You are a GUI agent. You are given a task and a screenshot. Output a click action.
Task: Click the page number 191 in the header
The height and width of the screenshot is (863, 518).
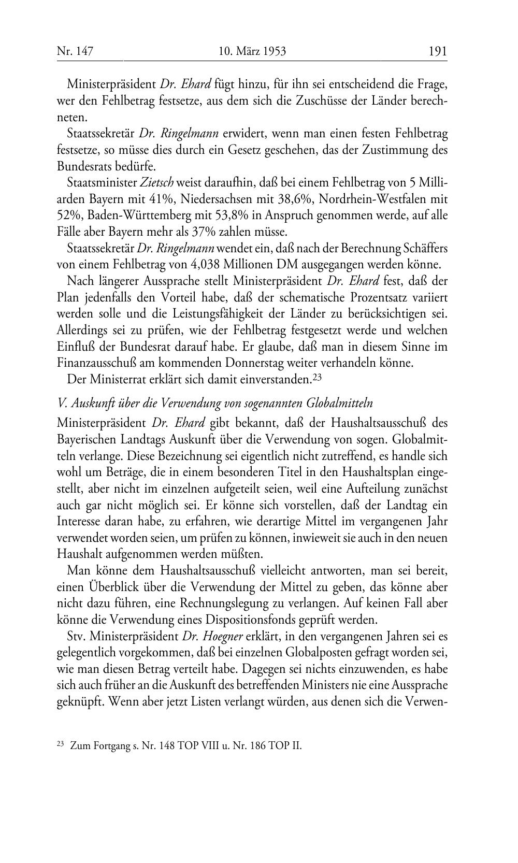tap(437, 51)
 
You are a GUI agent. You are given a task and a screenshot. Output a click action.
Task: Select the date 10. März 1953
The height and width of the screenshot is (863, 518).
tap(252, 51)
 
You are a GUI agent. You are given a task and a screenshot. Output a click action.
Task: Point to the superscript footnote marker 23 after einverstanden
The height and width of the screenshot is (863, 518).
tap(319, 378)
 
